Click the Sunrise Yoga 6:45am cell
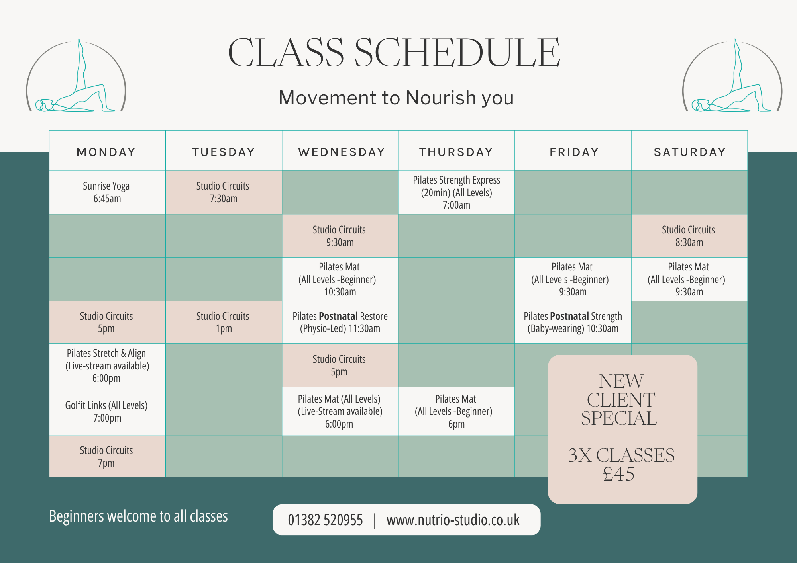click(x=107, y=192)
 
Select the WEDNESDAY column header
click(x=342, y=152)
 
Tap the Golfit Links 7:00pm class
click(x=107, y=411)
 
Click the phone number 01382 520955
click(x=325, y=520)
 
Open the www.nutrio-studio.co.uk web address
click(x=453, y=520)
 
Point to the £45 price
click(x=619, y=474)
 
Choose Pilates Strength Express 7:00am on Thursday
click(x=456, y=192)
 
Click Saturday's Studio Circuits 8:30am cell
click(x=689, y=236)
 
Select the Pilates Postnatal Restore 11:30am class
click(x=340, y=322)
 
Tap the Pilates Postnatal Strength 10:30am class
click(x=573, y=322)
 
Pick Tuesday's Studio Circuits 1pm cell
click(x=223, y=322)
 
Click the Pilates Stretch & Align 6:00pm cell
click(x=107, y=366)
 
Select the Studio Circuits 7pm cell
click(x=107, y=456)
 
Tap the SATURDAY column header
click(x=689, y=152)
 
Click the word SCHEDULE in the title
click(x=457, y=53)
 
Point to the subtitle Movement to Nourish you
click(x=396, y=98)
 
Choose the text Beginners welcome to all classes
click(x=138, y=516)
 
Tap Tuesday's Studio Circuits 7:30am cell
click(x=223, y=192)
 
